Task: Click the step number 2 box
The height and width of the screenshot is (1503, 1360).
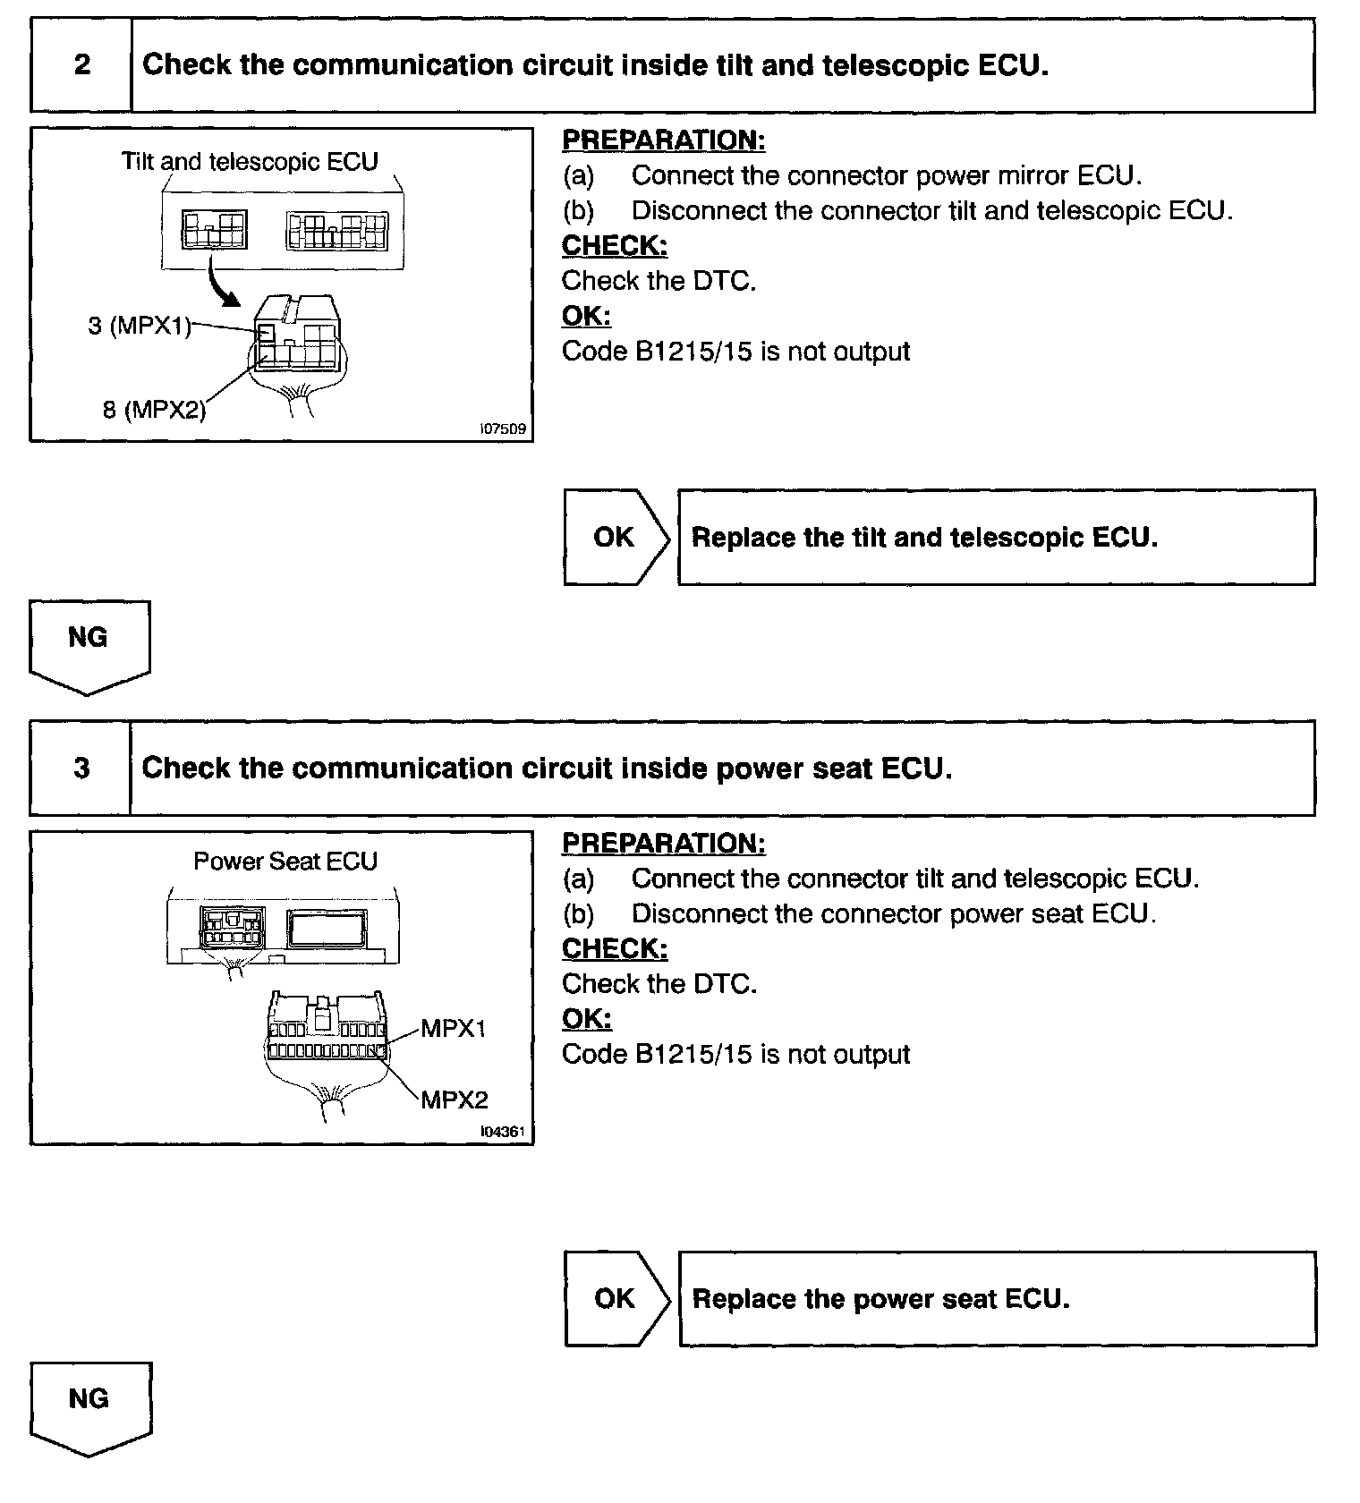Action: [81, 65]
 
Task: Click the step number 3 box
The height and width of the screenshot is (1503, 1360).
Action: [81, 768]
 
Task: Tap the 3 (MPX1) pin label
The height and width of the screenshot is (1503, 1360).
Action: [140, 326]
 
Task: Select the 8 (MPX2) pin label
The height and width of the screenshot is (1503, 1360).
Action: [154, 410]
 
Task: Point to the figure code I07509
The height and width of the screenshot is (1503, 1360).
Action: [503, 429]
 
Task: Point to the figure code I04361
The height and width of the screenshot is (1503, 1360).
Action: [503, 1133]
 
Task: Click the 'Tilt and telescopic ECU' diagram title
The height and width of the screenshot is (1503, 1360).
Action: [250, 162]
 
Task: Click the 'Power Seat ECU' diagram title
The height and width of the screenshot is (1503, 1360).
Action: [285, 862]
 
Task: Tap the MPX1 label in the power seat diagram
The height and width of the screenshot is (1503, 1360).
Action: [453, 1029]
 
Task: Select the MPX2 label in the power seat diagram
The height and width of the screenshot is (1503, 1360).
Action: [455, 1100]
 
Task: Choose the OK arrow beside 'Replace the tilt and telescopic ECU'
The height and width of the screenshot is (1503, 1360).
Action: [616, 538]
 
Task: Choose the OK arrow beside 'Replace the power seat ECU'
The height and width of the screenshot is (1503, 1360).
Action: [616, 1299]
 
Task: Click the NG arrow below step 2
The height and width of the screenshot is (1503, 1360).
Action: [89, 645]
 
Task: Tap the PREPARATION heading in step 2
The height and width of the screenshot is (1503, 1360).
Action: [663, 140]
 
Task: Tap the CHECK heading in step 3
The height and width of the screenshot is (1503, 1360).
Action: [615, 948]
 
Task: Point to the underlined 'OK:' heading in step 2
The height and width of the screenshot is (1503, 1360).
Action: [586, 316]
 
